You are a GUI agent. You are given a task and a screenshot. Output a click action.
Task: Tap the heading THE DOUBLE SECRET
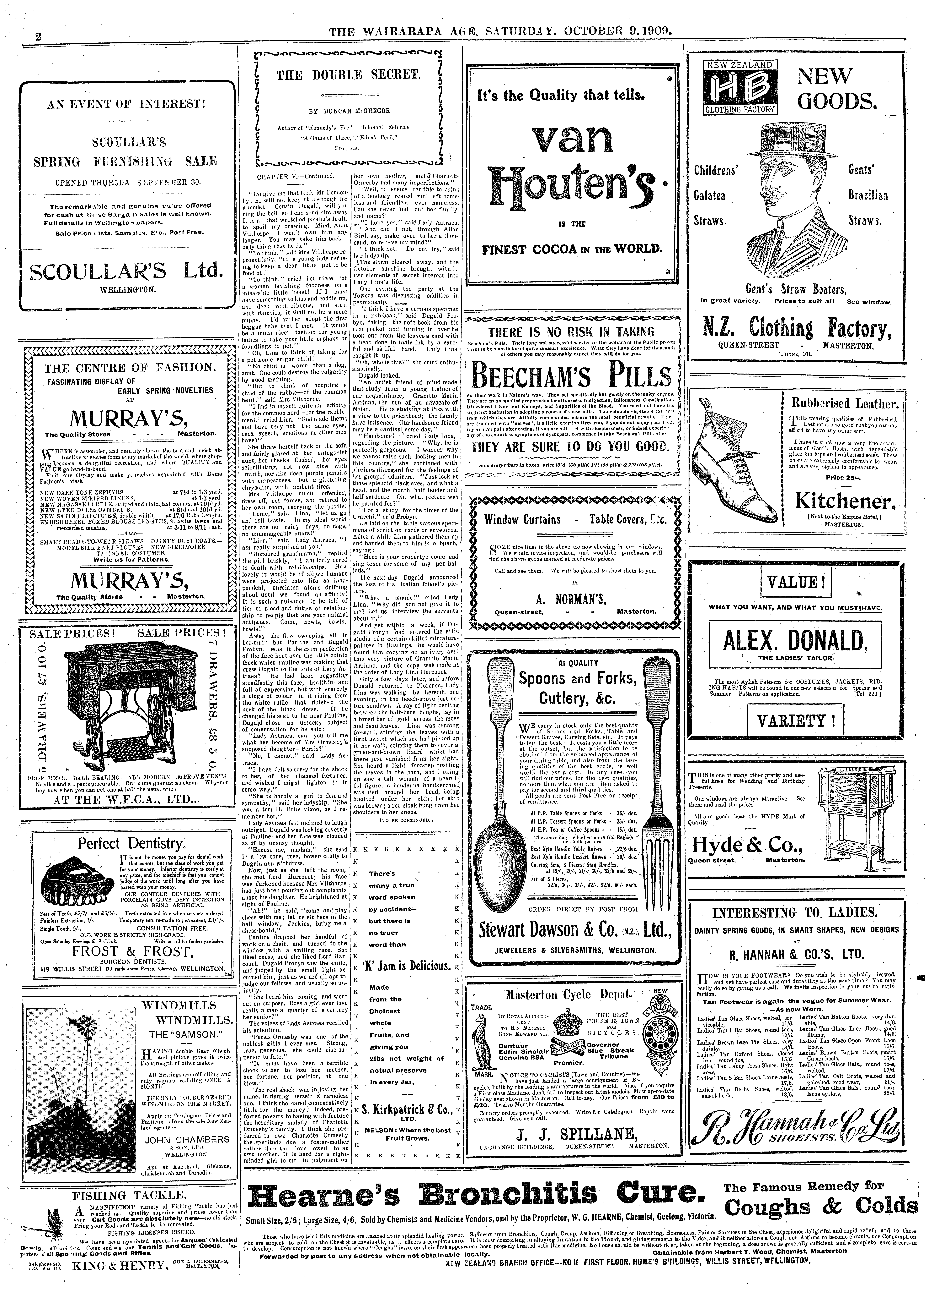pos(348,74)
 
